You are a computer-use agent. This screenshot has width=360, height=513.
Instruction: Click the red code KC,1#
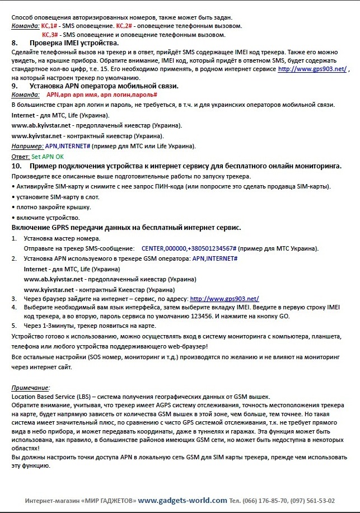point(49,26)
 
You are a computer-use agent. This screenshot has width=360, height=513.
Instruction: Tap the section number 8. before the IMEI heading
point(15,43)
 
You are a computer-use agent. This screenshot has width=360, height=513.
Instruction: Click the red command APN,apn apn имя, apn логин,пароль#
point(102,95)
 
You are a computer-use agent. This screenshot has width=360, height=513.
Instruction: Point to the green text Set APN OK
point(48,157)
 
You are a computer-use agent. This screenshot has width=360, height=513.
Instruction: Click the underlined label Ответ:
point(21,157)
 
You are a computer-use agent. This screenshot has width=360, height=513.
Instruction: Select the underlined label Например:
point(27,146)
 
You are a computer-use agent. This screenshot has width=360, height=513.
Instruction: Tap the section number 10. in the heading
point(17,166)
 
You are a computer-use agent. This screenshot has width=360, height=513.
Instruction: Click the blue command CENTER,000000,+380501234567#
point(189,247)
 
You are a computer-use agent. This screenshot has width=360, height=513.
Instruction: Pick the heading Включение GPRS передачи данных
point(126,227)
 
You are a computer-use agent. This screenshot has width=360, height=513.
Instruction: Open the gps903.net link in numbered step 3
point(225,299)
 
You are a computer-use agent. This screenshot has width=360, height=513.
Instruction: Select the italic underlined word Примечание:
point(31,388)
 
